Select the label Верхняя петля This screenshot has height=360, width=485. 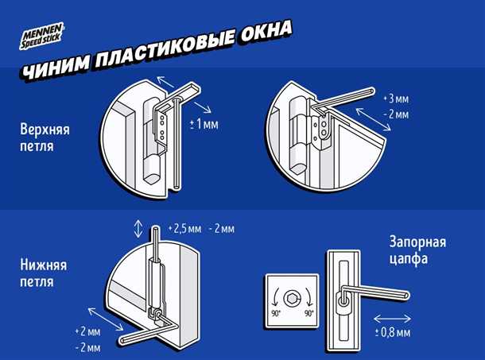49,138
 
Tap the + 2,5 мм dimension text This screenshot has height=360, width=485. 185,229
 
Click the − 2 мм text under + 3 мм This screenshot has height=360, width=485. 397,114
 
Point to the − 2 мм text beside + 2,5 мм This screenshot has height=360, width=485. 222,229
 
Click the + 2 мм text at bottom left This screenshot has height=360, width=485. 89,330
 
